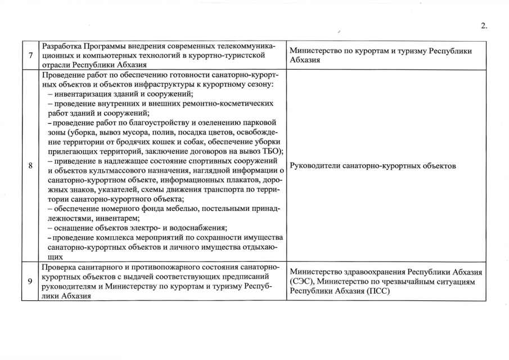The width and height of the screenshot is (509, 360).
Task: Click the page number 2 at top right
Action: point(484,25)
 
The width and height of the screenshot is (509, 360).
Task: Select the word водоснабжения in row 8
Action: point(194,228)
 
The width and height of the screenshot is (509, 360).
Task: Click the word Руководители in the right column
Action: point(318,166)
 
